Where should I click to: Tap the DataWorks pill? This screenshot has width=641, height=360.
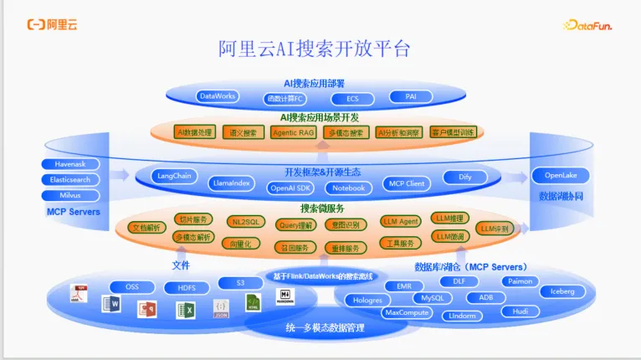(x=217, y=96)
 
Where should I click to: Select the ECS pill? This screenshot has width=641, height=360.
(x=353, y=99)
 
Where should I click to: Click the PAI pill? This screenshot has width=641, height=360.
(x=411, y=96)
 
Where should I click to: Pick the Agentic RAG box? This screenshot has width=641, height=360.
(x=294, y=132)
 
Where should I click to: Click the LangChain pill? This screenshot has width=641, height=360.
(x=175, y=176)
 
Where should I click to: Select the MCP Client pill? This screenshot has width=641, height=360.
(x=406, y=183)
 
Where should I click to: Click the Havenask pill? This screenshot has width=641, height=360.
(x=70, y=164)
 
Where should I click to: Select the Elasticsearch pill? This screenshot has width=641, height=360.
(x=70, y=179)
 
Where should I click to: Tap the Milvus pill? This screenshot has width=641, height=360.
(x=70, y=195)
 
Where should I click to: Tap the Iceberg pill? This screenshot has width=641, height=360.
(x=562, y=291)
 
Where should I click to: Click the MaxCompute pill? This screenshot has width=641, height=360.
(x=408, y=312)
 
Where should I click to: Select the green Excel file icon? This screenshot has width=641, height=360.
(x=185, y=311)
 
